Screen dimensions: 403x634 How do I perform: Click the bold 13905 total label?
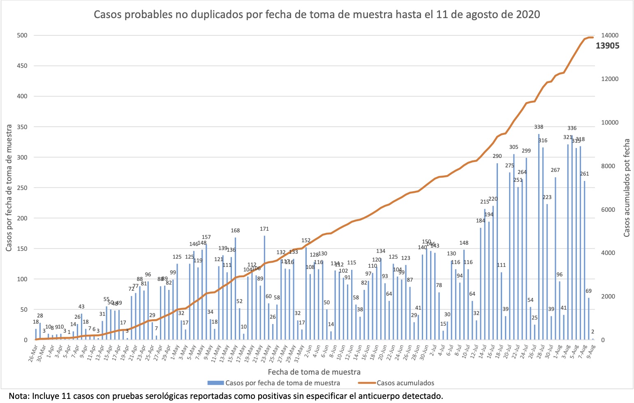pyautogui.click(x=607, y=46)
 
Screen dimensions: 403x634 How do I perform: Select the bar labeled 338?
pyautogui.click(x=539, y=237)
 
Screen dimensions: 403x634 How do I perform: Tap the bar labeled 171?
pyautogui.click(x=264, y=288)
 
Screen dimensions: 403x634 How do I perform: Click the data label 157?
pyautogui.click(x=206, y=237)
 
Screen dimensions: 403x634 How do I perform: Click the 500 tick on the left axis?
pyautogui.click(x=22, y=35)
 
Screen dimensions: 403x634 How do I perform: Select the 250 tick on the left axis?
pyautogui.click(x=22, y=188)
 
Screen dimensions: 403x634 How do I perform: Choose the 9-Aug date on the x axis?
pyautogui.click(x=592, y=352)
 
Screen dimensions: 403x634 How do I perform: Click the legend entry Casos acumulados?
pyautogui.click(x=405, y=383)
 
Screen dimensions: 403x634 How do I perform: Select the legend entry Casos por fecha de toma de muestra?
pyautogui.click(x=282, y=383)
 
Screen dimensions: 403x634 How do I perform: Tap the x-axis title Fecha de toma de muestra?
pyautogui.click(x=314, y=372)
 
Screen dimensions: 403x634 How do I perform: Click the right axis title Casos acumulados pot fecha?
pyautogui.click(x=627, y=188)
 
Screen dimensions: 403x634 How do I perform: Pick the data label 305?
pyautogui.click(x=514, y=147)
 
